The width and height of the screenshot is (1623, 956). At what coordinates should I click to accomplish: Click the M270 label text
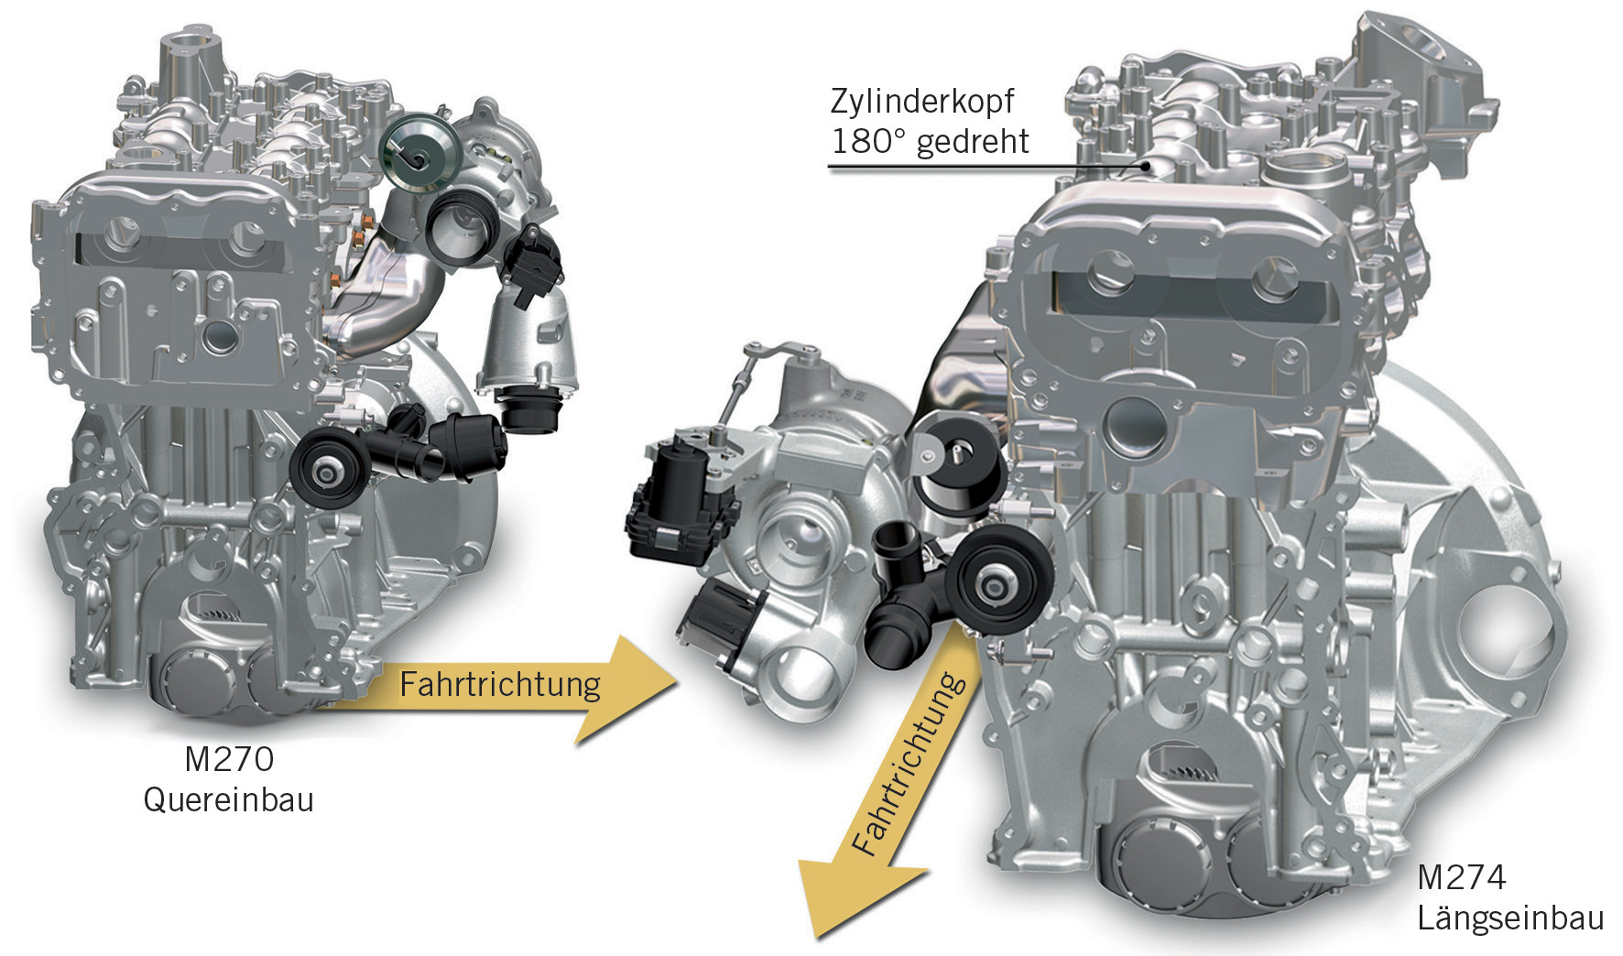(228, 759)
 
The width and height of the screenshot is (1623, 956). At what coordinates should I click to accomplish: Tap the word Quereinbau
(228, 799)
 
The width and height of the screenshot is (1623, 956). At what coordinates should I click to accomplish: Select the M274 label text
(1461, 878)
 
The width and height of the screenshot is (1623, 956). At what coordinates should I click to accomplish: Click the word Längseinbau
(1509, 918)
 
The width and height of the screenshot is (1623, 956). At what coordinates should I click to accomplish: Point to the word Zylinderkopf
(922, 101)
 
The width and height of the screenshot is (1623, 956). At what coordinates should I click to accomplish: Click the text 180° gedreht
(930, 142)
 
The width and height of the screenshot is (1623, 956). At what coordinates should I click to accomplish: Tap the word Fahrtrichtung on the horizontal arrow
(499, 684)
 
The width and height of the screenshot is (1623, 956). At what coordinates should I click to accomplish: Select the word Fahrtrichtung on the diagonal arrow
(907, 765)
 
